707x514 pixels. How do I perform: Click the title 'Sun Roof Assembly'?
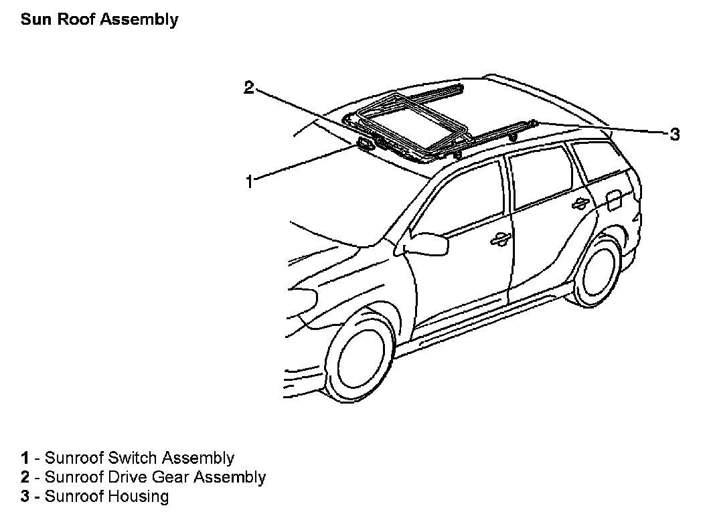coord(99,19)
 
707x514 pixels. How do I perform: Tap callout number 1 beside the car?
coord(249,181)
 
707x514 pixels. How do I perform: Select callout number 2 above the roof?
coord(249,88)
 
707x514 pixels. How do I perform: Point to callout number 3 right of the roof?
coord(675,134)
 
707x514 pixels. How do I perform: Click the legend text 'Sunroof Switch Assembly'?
coord(139,458)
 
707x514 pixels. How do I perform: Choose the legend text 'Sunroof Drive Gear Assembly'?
coord(155,477)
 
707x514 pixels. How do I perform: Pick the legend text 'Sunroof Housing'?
coord(106,496)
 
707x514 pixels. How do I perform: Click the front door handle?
coord(499,240)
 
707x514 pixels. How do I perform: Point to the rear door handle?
coord(580,203)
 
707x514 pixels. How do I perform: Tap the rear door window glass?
coord(541,178)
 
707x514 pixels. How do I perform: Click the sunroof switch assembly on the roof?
coord(366,143)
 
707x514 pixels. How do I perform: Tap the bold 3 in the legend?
coord(25,496)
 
